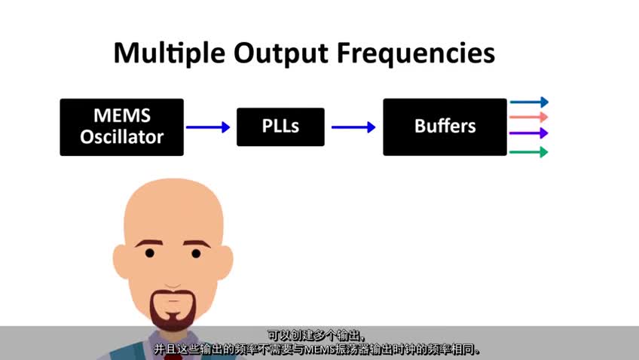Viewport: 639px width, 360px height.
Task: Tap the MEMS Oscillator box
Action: click(121, 127)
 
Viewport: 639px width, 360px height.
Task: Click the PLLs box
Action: click(280, 127)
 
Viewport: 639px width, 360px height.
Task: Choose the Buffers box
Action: click(445, 127)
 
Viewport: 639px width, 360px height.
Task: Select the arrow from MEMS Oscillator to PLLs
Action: click(208, 127)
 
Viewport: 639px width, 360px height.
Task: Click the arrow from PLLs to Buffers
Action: click(353, 127)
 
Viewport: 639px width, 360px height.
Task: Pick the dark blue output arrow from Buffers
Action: click(529, 102)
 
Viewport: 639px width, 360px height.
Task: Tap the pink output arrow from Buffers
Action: click(529, 117)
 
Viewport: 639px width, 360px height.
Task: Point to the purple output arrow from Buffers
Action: click(529, 133)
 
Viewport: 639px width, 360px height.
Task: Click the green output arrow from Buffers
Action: click(529, 152)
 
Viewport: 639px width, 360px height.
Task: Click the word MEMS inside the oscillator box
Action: click(121, 116)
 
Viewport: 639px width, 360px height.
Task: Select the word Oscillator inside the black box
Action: click(121, 138)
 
